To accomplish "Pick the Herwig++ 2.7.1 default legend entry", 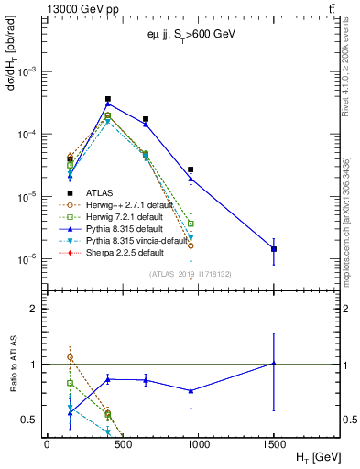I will pos(110,204).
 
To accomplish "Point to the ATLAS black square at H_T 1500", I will pos(274,249).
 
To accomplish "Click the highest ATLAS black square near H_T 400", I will pos(108,99).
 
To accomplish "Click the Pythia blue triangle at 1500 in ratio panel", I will pos(274,364).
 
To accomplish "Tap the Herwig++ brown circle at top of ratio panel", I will pos(71,357).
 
